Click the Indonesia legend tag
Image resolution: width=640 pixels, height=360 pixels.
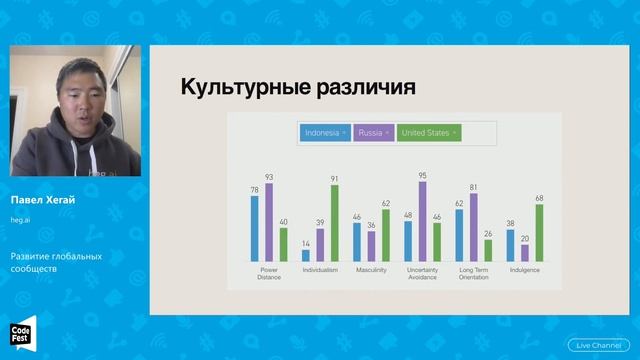(324, 132)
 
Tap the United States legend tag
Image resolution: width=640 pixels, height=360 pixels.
(428, 132)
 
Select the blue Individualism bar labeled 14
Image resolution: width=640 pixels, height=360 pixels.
(306, 255)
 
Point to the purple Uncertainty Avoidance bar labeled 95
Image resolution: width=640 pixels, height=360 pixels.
(422, 220)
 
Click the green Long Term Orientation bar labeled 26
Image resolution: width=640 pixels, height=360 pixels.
(488, 250)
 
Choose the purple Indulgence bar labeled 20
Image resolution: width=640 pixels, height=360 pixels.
(525, 252)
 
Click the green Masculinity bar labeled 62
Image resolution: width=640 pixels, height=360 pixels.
(386, 235)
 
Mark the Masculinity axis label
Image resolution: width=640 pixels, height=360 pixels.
(371, 269)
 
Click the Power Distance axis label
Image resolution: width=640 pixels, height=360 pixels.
(268, 273)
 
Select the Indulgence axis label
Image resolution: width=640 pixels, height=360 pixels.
(525, 269)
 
